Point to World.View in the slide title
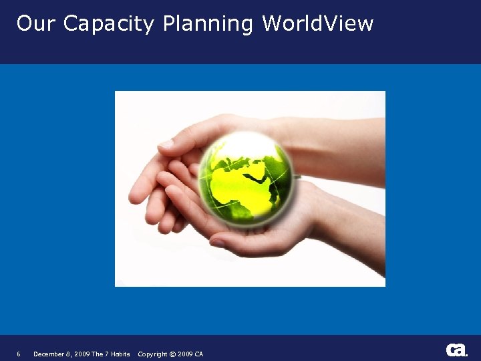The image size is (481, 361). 317,23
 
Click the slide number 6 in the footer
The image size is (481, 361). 19,354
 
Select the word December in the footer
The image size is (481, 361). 47,354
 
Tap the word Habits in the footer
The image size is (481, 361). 120,354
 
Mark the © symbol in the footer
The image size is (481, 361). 172,354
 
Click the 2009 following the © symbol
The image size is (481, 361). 185,354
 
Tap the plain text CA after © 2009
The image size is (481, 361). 199,354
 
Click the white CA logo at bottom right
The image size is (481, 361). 456,350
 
